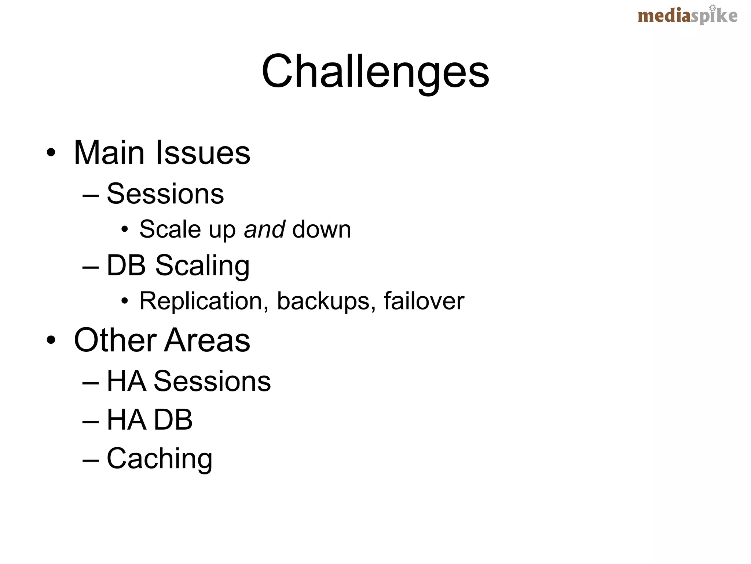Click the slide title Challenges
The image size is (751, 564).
[375, 72]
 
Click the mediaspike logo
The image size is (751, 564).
[687, 16]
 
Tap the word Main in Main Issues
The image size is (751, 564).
[109, 152]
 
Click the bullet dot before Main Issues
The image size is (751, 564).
[51, 152]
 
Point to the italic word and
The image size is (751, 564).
[264, 229]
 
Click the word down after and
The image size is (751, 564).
[322, 229]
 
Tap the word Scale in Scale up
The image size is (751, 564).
[170, 229]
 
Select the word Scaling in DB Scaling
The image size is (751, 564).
[202, 265]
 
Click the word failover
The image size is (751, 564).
[424, 301]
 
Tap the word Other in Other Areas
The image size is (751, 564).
[115, 340]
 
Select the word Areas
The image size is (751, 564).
[207, 340]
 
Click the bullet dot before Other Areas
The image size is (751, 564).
[51, 340]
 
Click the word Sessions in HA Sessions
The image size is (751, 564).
[212, 381]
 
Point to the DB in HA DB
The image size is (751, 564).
[173, 420]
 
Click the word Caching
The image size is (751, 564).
[160, 459]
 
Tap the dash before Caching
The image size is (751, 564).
[91, 459]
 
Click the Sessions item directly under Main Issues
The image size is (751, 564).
[165, 194]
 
